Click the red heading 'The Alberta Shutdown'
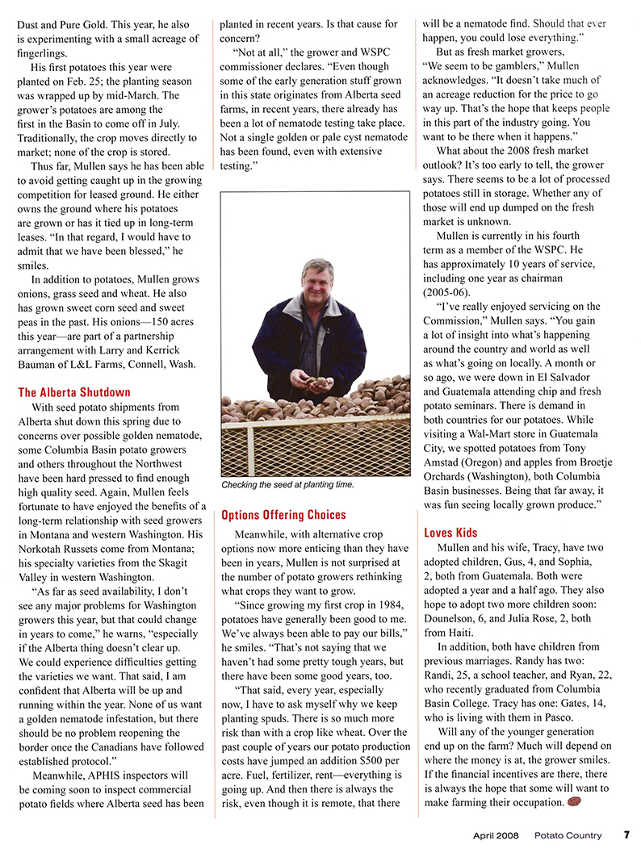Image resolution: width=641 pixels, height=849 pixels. click(74, 392)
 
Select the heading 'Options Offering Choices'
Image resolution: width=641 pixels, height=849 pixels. click(283, 515)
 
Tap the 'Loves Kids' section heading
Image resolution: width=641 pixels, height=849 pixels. click(450, 533)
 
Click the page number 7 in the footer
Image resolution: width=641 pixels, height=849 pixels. click(626, 835)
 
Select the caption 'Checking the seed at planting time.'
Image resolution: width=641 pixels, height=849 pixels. click(287, 484)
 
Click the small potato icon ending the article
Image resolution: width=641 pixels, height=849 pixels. click(574, 802)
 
